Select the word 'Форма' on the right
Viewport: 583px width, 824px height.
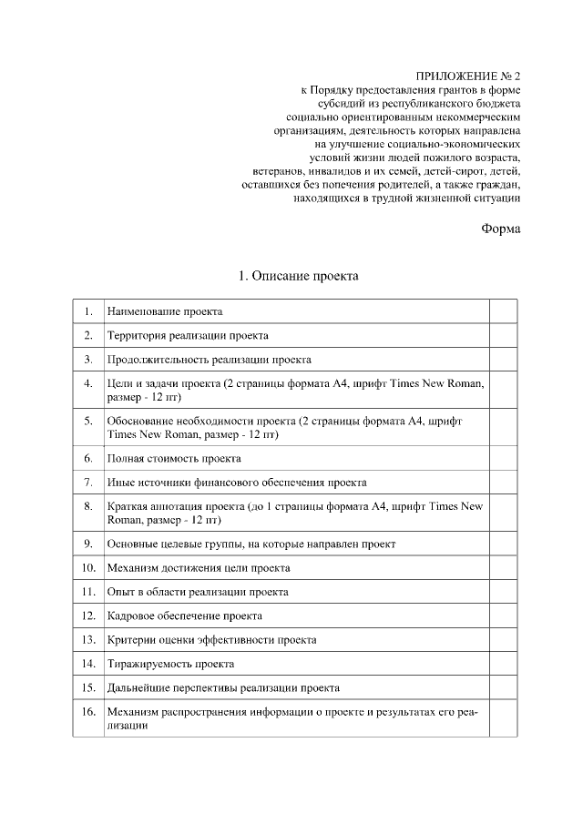pos(501,229)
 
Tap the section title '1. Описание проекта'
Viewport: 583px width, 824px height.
pos(298,275)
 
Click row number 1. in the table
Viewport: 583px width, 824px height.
pos(87,311)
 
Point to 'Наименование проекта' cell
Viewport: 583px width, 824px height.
pos(165,311)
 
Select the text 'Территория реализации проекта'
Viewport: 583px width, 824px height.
pos(188,336)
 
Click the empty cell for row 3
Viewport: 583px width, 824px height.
pos(503,359)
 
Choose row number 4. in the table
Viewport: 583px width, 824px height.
pos(87,383)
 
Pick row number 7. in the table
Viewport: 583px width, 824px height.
pos(87,482)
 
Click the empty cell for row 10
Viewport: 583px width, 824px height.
pos(503,567)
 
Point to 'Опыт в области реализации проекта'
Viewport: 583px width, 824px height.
pos(198,592)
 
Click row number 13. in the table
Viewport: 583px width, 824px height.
pos(87,639)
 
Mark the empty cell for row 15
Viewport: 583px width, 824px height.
pos(503,687)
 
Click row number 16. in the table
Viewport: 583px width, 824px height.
pos(87,711)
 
